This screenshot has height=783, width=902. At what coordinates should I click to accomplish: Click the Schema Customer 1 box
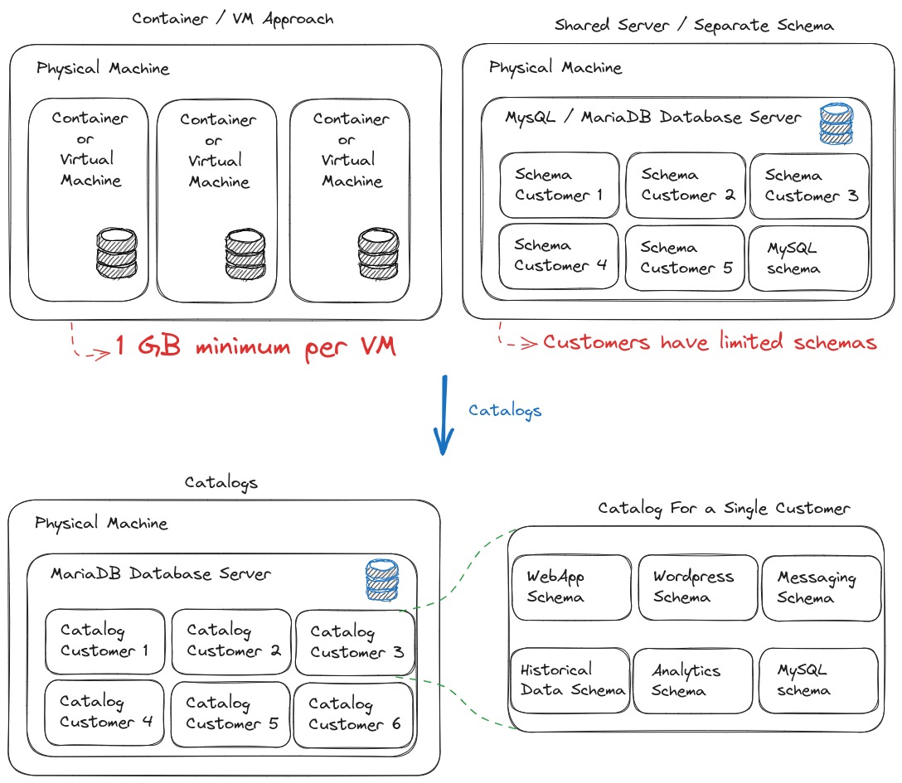pyautogui.click(x=559, y=185)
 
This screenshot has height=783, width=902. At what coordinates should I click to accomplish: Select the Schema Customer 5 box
pyautogui.click(x=685, y=258)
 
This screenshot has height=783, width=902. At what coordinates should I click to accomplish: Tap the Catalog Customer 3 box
pyautogui.click(x=356, y=642)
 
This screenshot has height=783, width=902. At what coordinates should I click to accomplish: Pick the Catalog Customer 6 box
pyautogui.click(x=354, y=714)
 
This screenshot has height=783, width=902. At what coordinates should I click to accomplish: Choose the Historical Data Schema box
pyautogui.click(x=570, y=680)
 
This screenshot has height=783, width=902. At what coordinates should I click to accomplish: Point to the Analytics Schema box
pyautogui.click(x=692, y=680)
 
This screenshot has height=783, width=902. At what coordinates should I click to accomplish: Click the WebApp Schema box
pyautogui.click(x=570, y=587)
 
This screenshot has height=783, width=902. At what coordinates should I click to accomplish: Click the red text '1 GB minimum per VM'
pyautogui.click(x=255, y=346)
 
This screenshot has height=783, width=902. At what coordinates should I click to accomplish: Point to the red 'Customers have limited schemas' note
pyautogui.click(x=709, y=341)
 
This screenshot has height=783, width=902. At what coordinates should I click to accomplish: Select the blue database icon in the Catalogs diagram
pyautogui.click(x=382, y=580)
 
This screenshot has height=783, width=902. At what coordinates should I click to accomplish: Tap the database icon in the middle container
pyautogui.click(x=245, y=254)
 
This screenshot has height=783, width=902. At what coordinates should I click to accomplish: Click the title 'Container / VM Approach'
pyautogui.click(x=234, y=19)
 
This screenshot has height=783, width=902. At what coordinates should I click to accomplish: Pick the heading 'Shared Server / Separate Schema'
pyautogui.click(x=694, y=25)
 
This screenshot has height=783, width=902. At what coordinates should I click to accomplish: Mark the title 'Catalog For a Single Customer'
pyautogui.click(x=724, y=508)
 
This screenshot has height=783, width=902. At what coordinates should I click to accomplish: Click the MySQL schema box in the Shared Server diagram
pyautogui.click(x=808, y=258)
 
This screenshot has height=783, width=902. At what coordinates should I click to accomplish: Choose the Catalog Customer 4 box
pyautogui.click(x=106, y=712)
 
